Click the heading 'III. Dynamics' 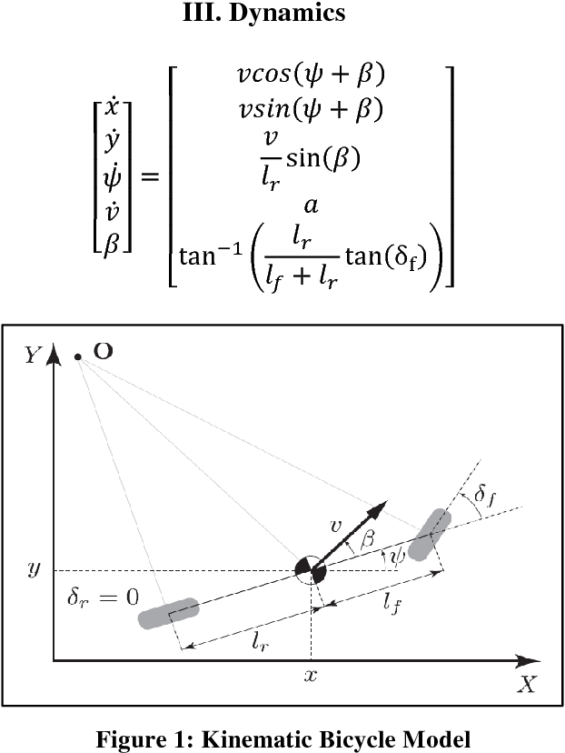pos(282,15)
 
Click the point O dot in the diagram pos(79,356)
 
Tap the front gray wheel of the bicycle pos(430,534)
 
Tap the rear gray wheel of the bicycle pos(168,613)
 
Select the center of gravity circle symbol pos(311,571)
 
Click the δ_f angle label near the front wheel pos(485,497)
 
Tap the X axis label pos(526,685)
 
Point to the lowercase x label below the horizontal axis pos(312,677)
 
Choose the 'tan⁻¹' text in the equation pos(206,261)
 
